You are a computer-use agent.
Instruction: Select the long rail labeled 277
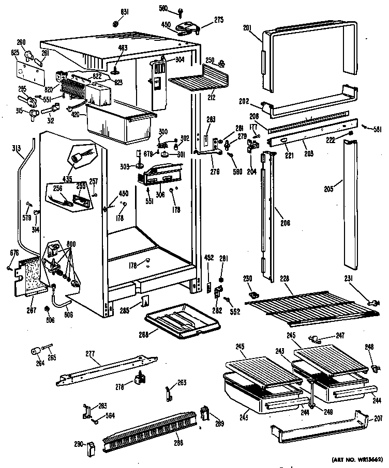(103, 368)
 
